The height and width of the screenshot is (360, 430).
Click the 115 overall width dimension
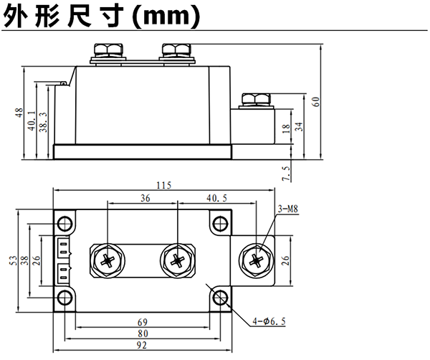click(163, 185)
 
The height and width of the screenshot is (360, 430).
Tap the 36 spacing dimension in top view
click(145, 198)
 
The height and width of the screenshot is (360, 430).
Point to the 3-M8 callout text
click(287, 209)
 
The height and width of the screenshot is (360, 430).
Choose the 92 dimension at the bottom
click(142, 345)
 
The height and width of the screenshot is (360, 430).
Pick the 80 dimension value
click(143, 333)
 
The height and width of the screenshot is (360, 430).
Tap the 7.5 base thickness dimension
click(285, 173)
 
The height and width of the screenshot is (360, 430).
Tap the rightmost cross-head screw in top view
click(255, 259)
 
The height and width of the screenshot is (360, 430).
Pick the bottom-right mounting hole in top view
click(221, 297)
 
